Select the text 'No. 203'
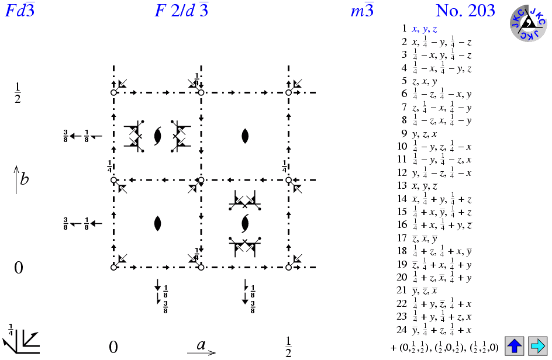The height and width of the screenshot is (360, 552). click(x=465, y=11)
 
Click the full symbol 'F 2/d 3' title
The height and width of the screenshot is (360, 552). click(x=182, y=11)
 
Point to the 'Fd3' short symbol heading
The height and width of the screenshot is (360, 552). click(x=19, y=11)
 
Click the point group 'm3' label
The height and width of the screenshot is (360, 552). click(x=361, y=11)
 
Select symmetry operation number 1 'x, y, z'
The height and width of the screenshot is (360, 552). click(x=425, y=28)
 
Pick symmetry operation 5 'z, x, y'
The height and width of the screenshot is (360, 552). click(x=425, y=81)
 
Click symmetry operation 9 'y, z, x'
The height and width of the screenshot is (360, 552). click(x=425, y=134)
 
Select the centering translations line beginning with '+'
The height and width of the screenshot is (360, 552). click(x=444, y=346)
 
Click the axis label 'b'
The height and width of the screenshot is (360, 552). click(x=24, y=179)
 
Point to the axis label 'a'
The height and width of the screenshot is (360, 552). click(x=201, y=345)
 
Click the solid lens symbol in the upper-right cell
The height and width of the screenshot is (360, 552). click(x=245, y=136)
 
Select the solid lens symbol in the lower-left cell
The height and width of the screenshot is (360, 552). click(x=157, y=223)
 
